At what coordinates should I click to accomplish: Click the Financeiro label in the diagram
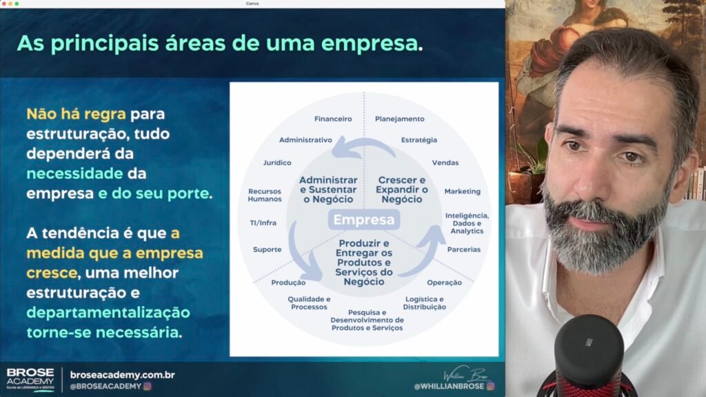point(333,119)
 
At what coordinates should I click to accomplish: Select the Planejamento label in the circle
point(400,119)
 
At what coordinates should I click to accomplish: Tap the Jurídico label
point(277,162)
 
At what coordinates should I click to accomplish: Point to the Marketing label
point(463,191)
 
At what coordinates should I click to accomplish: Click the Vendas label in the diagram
point(445,162)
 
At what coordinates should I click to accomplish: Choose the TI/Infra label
point(263,223)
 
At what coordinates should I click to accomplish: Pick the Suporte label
point(267,249)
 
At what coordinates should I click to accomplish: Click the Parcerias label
point(464,249)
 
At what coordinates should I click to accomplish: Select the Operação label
point(445,282)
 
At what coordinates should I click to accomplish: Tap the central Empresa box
point(364,220)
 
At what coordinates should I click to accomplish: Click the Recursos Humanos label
point(265,195)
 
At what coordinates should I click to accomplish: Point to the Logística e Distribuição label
point(425,302)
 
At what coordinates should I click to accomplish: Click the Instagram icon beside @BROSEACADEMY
point(148,386)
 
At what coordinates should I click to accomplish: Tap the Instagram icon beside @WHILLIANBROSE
point(490,386)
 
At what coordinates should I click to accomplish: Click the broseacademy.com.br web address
point(123,375)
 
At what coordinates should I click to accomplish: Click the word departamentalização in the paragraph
point(108,313)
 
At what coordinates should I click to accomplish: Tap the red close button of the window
point(3,3)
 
